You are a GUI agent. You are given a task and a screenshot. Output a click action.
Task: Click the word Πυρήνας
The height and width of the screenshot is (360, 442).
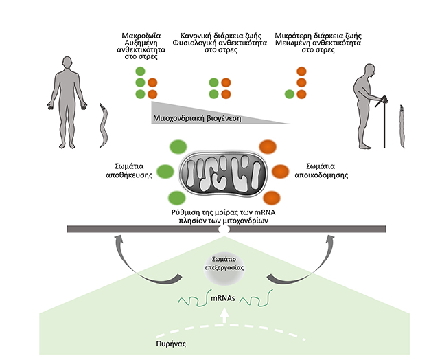(x=168, y=341)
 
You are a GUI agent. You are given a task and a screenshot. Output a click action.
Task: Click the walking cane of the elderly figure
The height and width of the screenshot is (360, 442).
(x=384, y=124)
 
